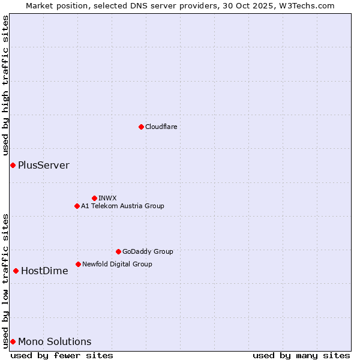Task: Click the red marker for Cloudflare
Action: (141, 127)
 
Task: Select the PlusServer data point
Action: (13, 165)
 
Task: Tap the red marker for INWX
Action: (94, 198)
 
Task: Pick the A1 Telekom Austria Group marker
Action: (77, 206)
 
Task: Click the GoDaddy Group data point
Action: (118, 251)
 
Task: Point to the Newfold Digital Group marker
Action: (78, 264)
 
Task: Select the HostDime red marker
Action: (16, 271)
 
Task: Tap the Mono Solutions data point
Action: (13, 341)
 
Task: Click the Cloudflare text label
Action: (161, 127)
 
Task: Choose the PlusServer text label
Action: (44, 165)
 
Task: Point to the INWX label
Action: (107, 198)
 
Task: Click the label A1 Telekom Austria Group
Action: (122, 206)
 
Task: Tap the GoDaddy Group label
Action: (148, 251)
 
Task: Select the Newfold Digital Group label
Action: (117, 264)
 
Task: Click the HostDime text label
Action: (44, 271)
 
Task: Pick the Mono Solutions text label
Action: (55, 341)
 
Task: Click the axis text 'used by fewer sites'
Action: (62, 355)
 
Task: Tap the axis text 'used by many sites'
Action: (301, 355)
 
